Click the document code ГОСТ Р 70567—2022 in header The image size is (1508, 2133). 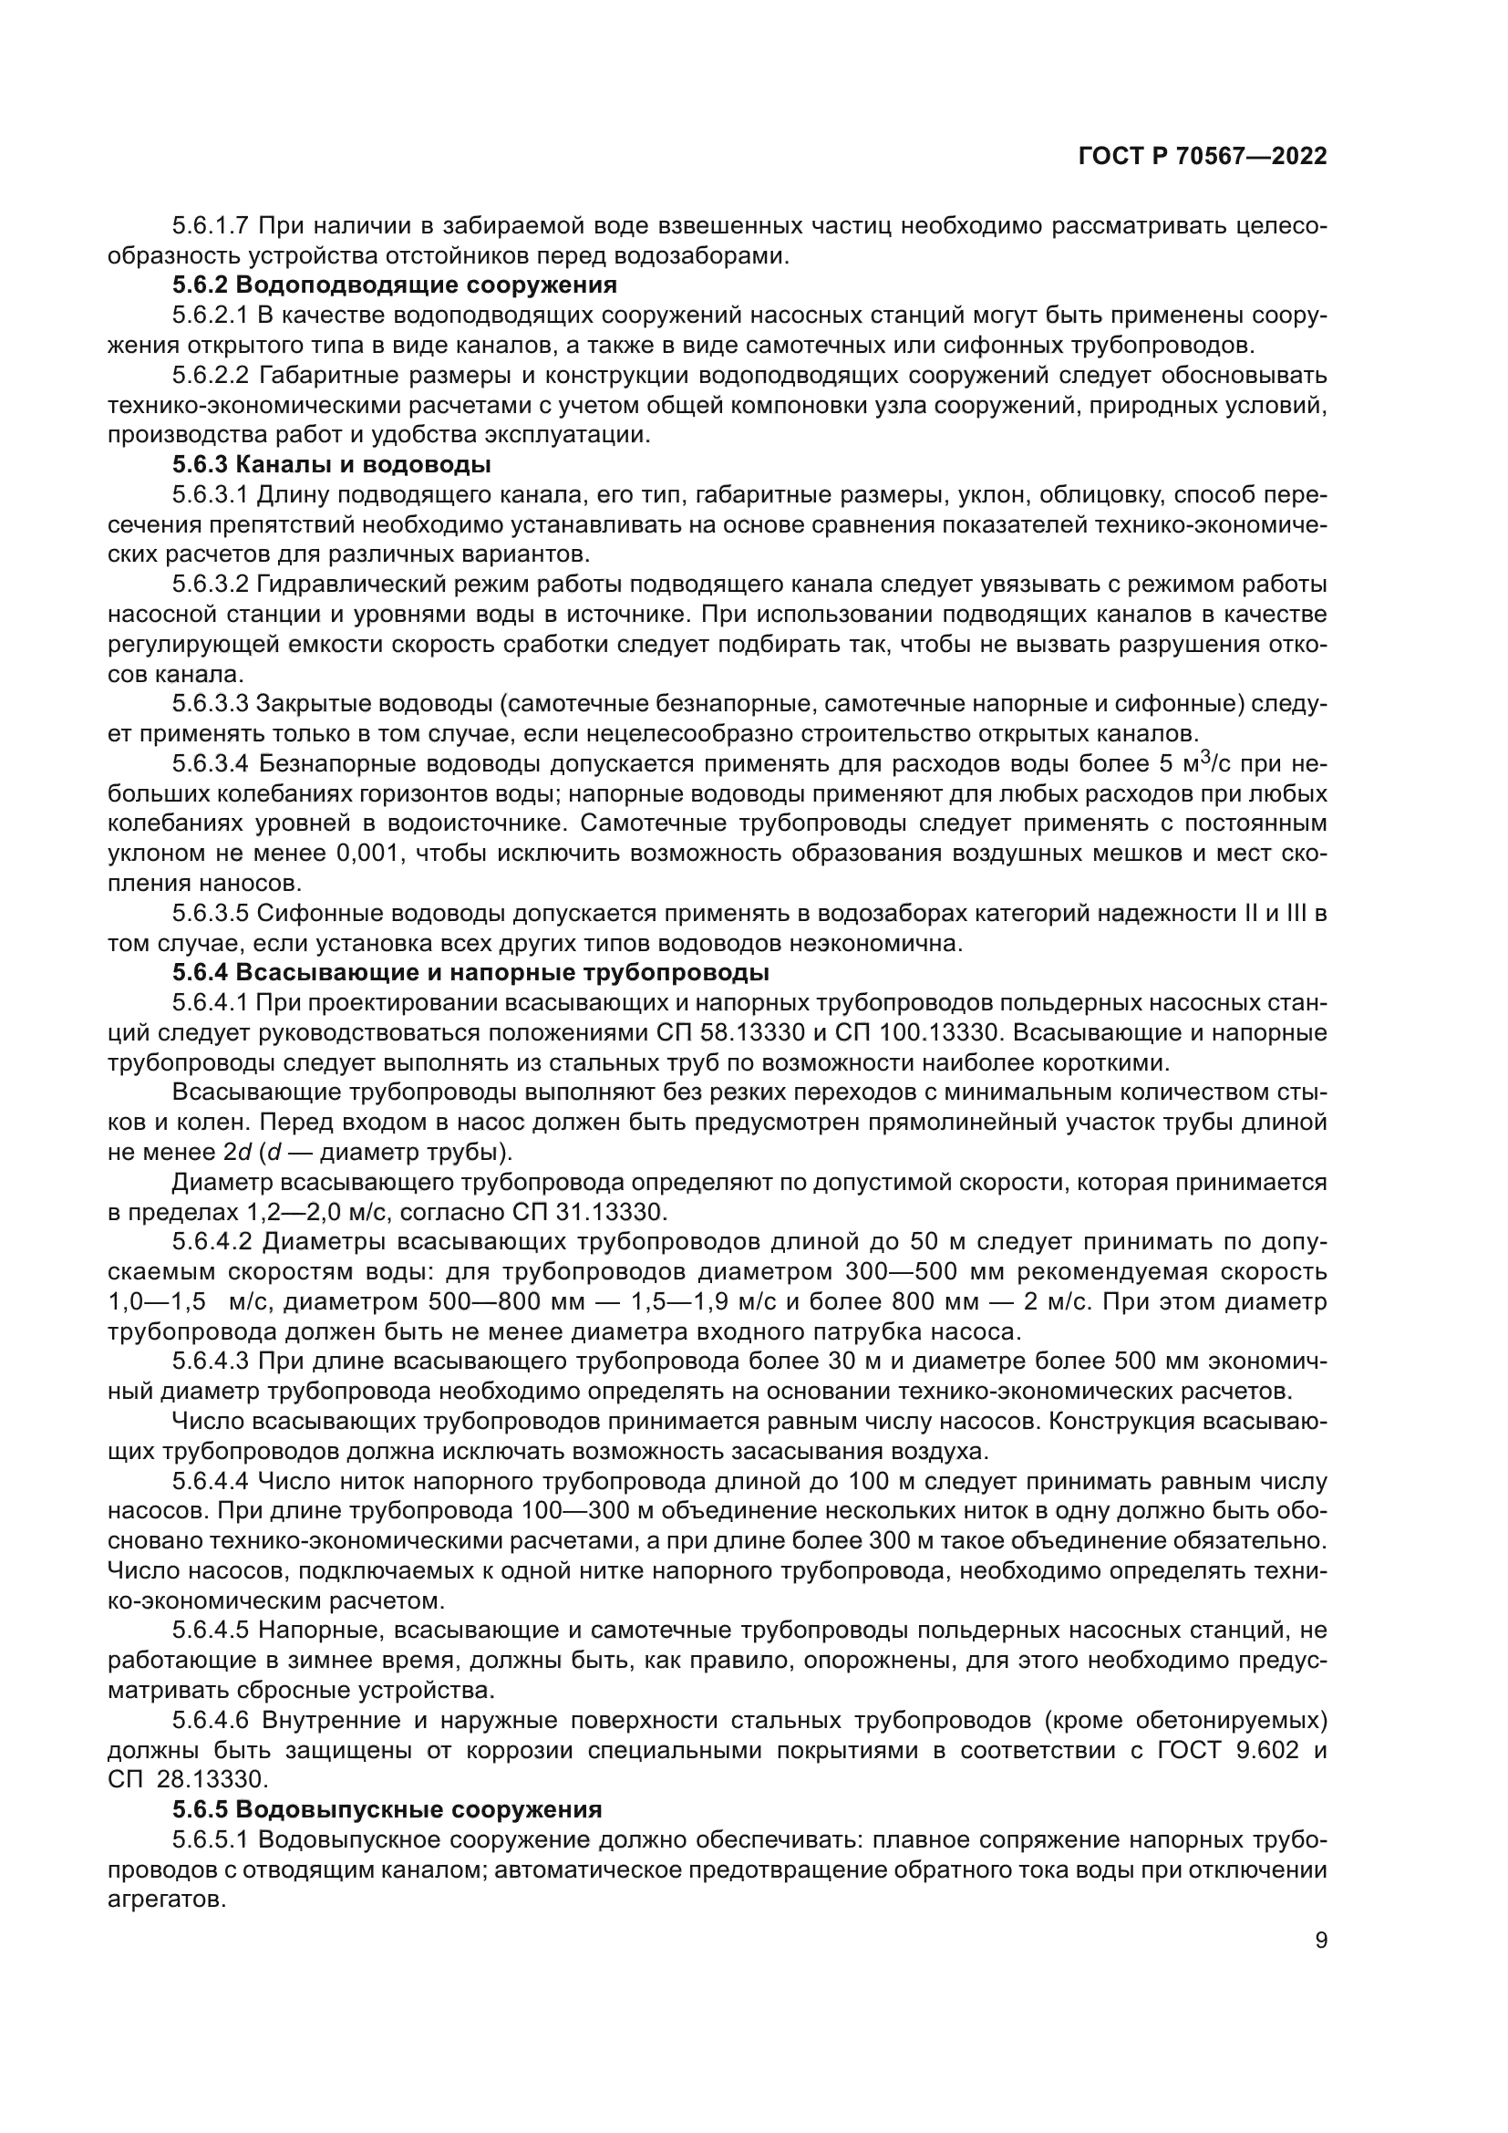pyautogui.click(x=1203, y=157)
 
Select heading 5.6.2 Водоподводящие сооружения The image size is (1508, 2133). pyautogui.click(x=395, y=285)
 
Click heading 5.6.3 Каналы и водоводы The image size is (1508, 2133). pyautogui.click(x=332, y=463)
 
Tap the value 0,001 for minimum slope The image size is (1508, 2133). pyautogui.click(x=370, y=853)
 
